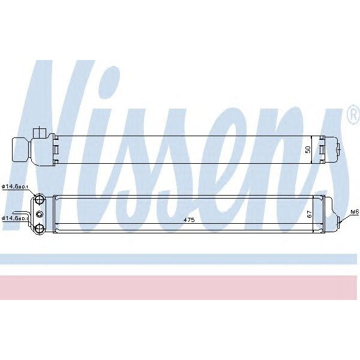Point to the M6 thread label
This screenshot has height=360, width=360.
point(353,212)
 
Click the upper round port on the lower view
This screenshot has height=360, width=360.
point(40,200)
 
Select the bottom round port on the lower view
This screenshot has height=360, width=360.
point(40,227)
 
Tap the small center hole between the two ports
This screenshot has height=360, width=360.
point(40,214)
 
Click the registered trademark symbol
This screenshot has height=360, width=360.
point(353,115)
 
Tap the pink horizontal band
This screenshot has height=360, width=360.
point(180,287)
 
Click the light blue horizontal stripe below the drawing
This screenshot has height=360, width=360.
point(180,259)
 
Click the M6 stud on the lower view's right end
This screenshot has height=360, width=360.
point(341,220)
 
